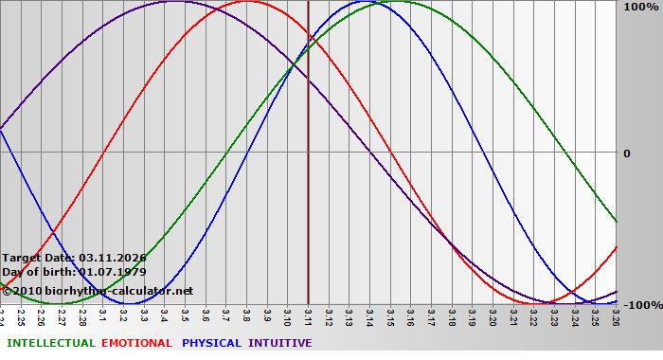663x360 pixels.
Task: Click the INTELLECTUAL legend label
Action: click(51, 343)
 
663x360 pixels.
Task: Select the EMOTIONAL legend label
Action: click(136, 343)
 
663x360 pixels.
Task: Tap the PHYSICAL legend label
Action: click(212, 343)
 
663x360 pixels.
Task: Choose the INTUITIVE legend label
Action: click(279, 343)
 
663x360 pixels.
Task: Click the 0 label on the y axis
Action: click(626, 153)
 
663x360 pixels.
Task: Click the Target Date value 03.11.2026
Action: click(113, 258)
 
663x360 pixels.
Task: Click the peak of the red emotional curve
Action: click(247, 1)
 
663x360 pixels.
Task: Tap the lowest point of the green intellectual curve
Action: click(54, 303)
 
